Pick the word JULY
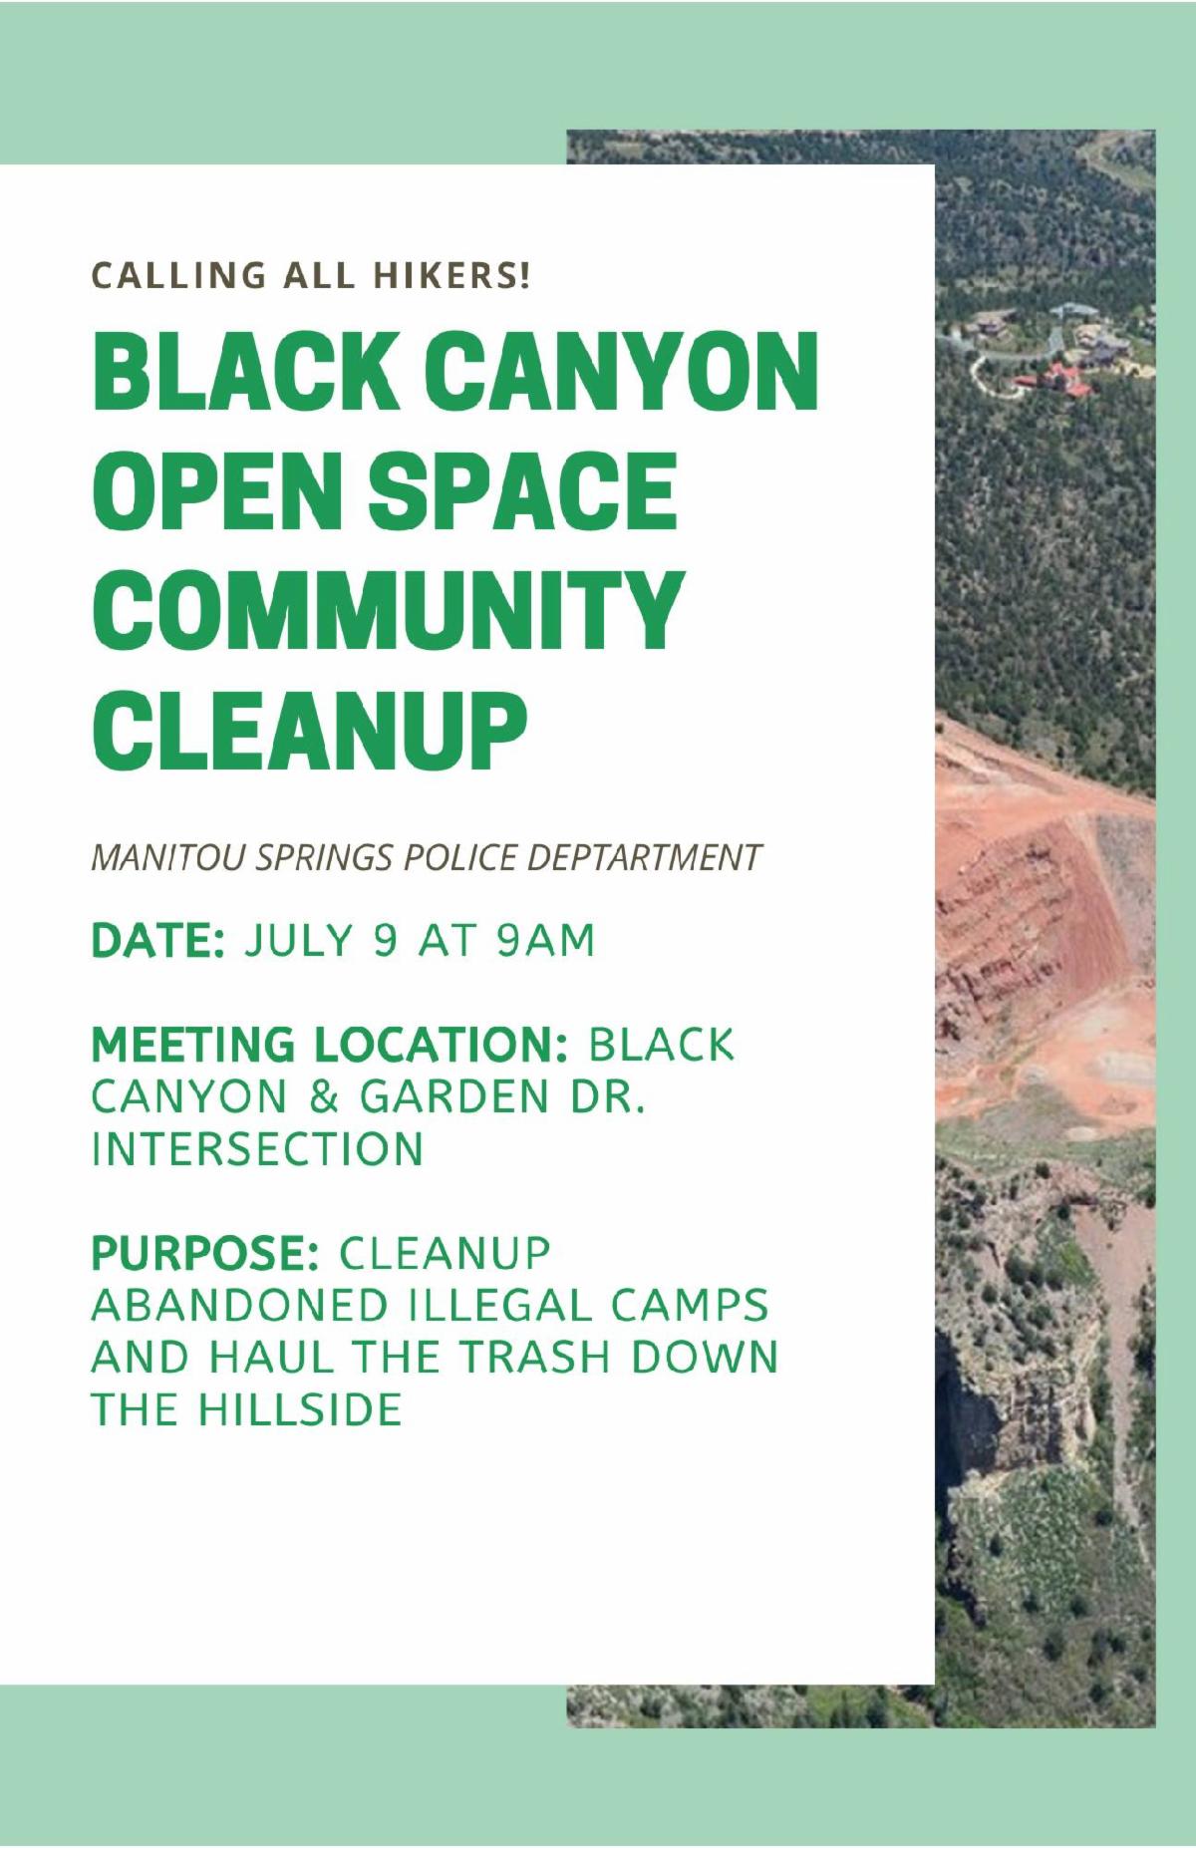(299, 941)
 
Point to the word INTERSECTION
(257, 1149)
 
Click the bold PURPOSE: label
(205, 1253)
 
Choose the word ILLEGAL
(498, 1306)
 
